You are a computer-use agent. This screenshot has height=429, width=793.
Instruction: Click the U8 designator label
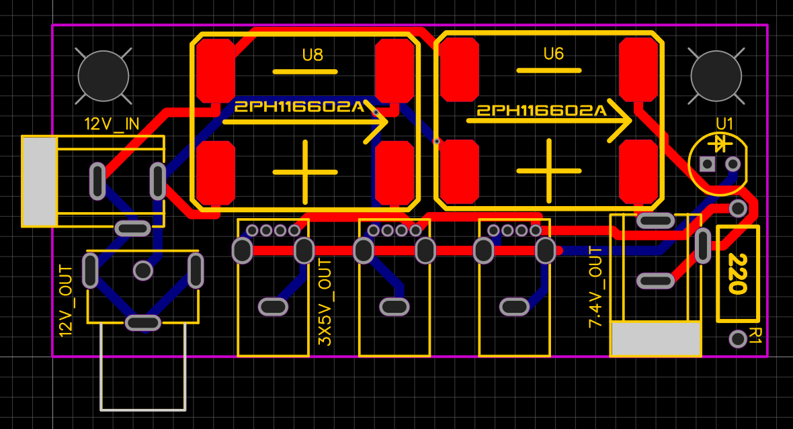(x=312, y=55)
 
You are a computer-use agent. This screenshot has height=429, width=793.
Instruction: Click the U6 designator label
(x=553, y=54)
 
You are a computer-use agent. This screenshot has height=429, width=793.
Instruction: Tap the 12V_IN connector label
(x=112, y=124)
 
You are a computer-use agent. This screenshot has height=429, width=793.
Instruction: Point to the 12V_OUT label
(x=66, y=300)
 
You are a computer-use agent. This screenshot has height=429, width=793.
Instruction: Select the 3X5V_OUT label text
(x=325, y=302)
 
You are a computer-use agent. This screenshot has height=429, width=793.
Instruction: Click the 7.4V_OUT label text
(x=595, y=287)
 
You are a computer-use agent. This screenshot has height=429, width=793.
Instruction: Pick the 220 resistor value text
(x=737, y=274)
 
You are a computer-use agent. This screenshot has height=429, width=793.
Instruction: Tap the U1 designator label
(x=725, y=124)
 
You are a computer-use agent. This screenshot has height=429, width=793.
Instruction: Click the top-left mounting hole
(x=103, y=76)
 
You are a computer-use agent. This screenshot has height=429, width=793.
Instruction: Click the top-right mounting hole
(x=716, y=76)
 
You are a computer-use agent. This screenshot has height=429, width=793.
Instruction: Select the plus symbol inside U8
(x=305, y=171)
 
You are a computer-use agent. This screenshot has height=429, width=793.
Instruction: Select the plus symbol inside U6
(x=549, y=171)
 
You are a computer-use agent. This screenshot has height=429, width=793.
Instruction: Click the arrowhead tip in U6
(x=630, y=121)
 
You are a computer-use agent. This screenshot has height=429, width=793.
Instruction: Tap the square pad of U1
(x=707, y=164)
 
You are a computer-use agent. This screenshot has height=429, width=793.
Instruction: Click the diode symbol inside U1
(x=720, y=143)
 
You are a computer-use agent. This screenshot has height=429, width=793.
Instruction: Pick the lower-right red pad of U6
(x=637, y=171)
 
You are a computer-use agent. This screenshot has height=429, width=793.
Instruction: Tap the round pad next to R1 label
(x=738, y=338)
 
